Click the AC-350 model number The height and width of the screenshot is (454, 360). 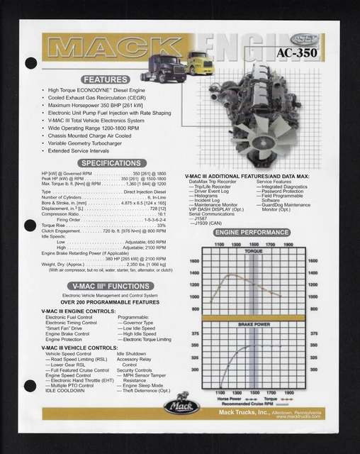point(296,52)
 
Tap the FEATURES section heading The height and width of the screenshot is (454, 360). point(106,79)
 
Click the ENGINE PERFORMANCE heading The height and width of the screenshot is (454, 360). point(253,232)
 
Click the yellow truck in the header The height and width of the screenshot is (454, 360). point(198,66)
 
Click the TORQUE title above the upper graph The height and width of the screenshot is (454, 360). point(253,251)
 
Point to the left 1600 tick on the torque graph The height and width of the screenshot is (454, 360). point(195,261)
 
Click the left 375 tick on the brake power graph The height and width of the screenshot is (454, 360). point(195,333)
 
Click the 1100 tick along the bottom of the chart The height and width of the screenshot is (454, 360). point(219,392)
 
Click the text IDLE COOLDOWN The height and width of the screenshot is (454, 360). point(64,390)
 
